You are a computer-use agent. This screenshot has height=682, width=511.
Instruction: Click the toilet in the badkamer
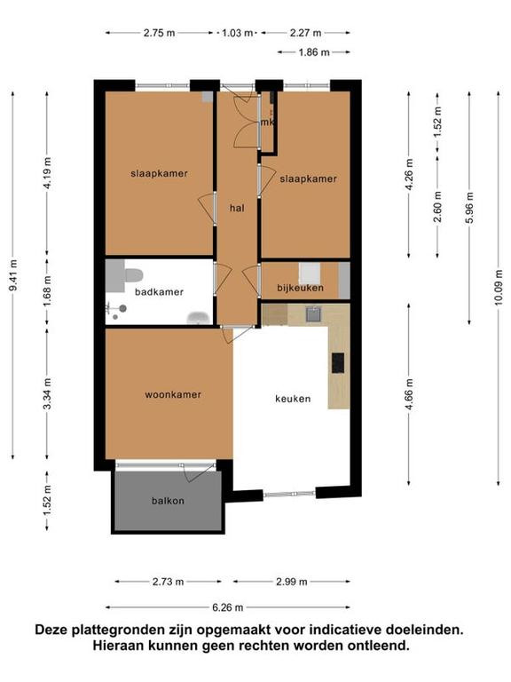coord(133,275)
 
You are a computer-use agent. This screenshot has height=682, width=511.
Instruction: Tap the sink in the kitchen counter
coord(313,313)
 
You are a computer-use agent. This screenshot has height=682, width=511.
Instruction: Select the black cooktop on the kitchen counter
coord(338,362)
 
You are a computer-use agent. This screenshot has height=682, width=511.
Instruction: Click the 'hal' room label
coord(237,209)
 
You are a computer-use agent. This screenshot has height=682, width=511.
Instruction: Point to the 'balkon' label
coord(169,501)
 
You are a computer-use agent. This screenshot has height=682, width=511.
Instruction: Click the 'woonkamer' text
coord(173,395)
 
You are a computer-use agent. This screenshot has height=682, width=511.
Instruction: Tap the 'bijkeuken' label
coord(300,288)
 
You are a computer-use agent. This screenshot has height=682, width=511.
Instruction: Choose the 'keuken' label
coord(293,399)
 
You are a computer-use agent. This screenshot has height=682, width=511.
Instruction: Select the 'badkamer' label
coord(159,292)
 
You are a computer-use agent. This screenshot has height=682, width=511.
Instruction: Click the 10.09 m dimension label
coord(499,288)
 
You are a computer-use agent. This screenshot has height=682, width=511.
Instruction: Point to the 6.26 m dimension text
coord(228,607)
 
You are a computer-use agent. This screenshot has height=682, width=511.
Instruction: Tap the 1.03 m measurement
coord(237,33)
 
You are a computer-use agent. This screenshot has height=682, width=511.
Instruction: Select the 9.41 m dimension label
coord(13,275)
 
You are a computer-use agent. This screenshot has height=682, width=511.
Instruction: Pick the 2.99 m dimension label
coord(292,582)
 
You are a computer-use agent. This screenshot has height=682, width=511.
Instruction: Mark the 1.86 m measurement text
coord(314,52)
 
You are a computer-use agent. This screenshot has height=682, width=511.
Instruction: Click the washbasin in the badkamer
coord(198,318)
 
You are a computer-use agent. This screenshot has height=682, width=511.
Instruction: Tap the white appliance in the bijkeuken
coord(310,274)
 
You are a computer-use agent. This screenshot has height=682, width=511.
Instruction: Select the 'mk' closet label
coord(267,123)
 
